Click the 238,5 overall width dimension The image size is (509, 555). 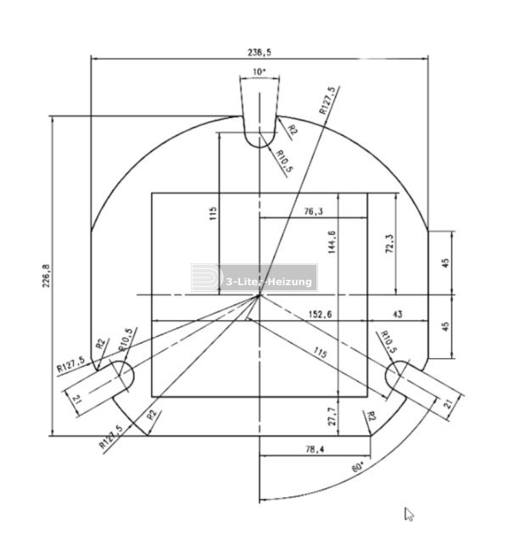click(260, 52)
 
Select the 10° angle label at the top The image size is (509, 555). click(259, 72)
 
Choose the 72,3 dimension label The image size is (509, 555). click(389, 244)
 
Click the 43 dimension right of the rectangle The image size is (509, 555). click(397, 314)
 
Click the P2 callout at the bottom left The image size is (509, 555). click(151, 415)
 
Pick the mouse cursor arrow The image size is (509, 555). click(409, 513)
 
